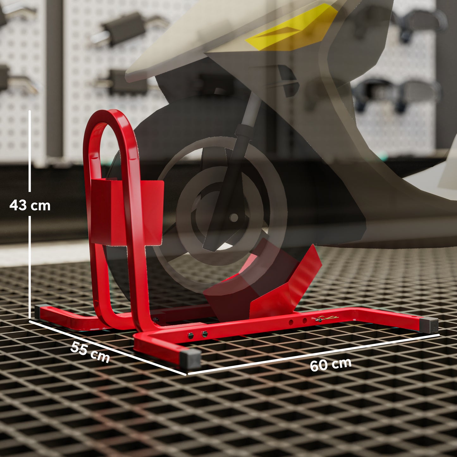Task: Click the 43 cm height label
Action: coord(30,206)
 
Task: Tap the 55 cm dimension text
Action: coord(90,352)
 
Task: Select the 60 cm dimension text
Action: coord(330,364)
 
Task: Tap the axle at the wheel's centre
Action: coord(234,217)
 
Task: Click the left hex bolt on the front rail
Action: coord(190,335)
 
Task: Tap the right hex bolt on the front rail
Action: coord(204,333)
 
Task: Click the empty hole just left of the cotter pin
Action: coord(305,321)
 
